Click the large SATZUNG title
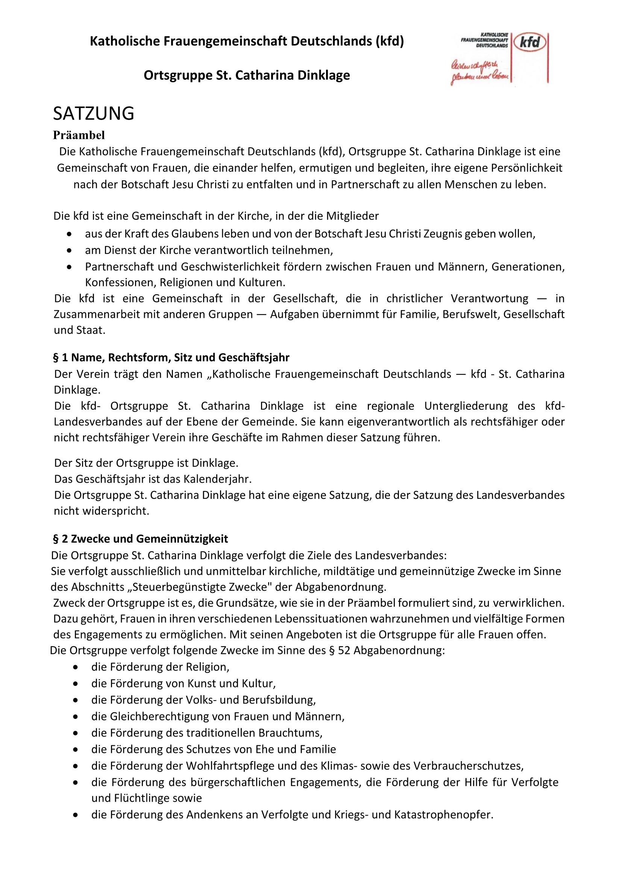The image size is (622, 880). tap(94, 114)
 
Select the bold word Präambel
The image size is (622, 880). tap(79, 135)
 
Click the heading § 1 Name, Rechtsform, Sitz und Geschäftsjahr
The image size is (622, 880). tap(171, 357)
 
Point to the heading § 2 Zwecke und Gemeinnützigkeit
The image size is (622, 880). tap(141, 539)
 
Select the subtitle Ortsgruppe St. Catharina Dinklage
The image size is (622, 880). tap(247, 76)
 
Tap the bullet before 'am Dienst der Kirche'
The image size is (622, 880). tap(69, 251)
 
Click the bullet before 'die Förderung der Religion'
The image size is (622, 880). tap(76, 667)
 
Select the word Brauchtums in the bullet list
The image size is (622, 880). tap(290, 733)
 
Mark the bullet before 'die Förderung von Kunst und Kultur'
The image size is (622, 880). tap(76, 684)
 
